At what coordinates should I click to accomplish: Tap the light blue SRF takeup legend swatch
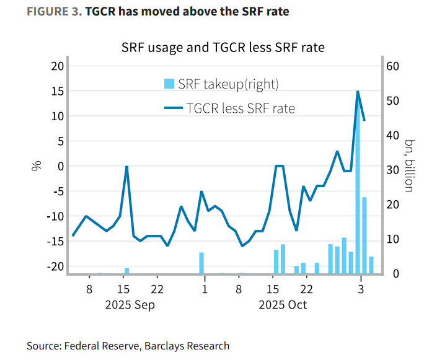[168, 84]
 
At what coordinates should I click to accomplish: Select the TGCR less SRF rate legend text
[241, 108]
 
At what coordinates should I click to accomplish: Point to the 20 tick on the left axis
[57, 66]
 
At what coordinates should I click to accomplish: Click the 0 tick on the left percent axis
[60, 166]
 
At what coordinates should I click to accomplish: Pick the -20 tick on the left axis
[55, 266]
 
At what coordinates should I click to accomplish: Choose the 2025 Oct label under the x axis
[283, 305]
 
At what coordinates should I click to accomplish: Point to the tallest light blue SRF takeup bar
[358, 186]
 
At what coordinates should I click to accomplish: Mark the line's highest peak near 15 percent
[358, 92]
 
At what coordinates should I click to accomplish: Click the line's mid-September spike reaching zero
[126, 167]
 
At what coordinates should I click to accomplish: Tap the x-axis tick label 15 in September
[123, 289]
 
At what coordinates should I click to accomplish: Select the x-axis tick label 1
[204, 289]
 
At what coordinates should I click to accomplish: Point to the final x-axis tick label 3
[361, 289]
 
